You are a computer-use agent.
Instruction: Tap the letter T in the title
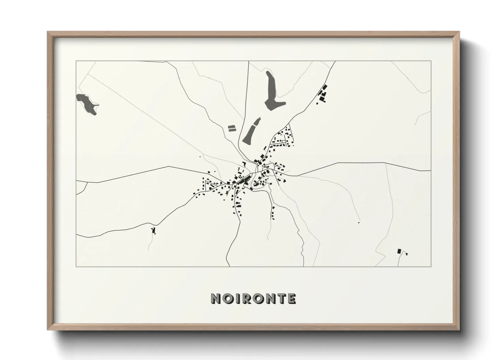[x=280, y=298]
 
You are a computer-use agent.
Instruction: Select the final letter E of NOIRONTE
[x=291, y=298]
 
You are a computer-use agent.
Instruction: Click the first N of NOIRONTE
[x=216, y=298]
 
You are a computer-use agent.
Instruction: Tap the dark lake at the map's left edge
[x=88, y=103]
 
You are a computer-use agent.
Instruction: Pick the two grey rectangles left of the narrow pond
[x=231, y=128]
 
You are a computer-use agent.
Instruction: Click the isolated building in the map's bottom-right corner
[x=399, y=251]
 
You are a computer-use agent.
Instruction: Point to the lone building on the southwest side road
[x=154, y=231]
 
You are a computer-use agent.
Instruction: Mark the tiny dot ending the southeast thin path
[x=359, y=223]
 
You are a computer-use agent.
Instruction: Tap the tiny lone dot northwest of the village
[x=200, y=157]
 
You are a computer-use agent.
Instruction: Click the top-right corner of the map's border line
[x=431, y=61]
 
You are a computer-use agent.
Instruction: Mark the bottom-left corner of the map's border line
[x=76, y=266]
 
